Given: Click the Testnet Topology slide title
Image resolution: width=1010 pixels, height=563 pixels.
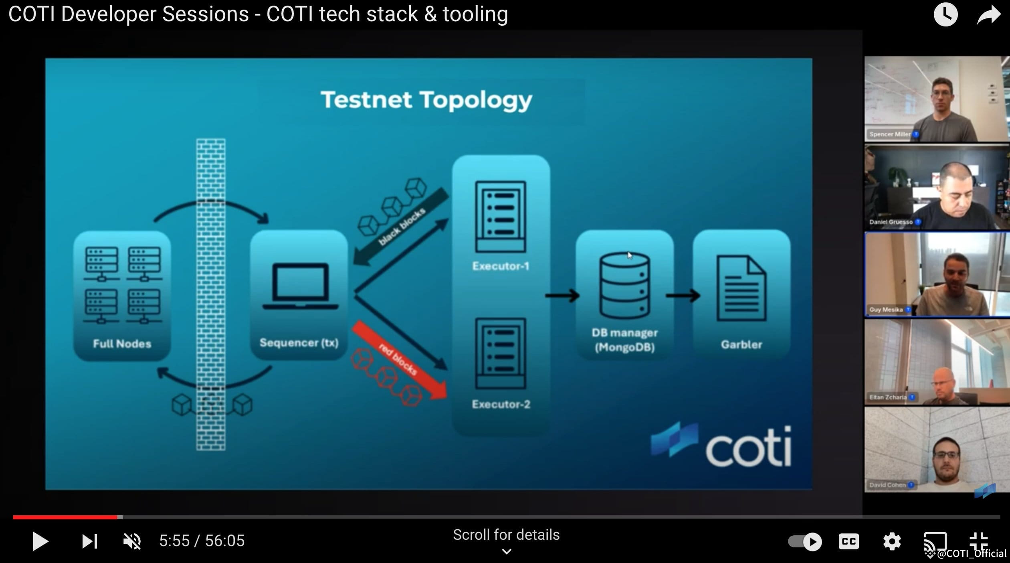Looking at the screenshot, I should (426, 100).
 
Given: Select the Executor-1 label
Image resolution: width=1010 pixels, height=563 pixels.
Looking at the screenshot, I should (501, 266).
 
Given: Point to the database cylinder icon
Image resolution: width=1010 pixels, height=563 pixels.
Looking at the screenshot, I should (624, 286).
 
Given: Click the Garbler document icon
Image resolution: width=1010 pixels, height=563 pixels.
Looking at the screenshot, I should (741, 289).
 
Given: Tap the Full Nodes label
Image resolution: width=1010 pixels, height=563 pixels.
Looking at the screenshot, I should (122, 344).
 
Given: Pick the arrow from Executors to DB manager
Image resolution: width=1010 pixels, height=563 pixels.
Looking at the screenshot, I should (562, 296).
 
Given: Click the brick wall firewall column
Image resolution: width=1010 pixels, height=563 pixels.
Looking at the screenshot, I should (211, 295).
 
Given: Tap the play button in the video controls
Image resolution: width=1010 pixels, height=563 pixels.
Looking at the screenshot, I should (40, 541).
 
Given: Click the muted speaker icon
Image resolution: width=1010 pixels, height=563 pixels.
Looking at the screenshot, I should (132, 541).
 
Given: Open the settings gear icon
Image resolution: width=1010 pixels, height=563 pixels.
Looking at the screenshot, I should (892, 541).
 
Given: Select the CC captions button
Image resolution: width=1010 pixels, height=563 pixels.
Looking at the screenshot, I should (849, 541).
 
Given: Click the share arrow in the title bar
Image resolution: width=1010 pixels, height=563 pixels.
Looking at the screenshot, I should (988, 15).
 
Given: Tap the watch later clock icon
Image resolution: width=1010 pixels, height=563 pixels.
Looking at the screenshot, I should (945, 15).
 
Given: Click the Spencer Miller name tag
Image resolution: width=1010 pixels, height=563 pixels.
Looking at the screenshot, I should (890, 134).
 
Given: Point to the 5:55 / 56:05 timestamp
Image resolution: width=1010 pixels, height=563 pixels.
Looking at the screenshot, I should (202, 541).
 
